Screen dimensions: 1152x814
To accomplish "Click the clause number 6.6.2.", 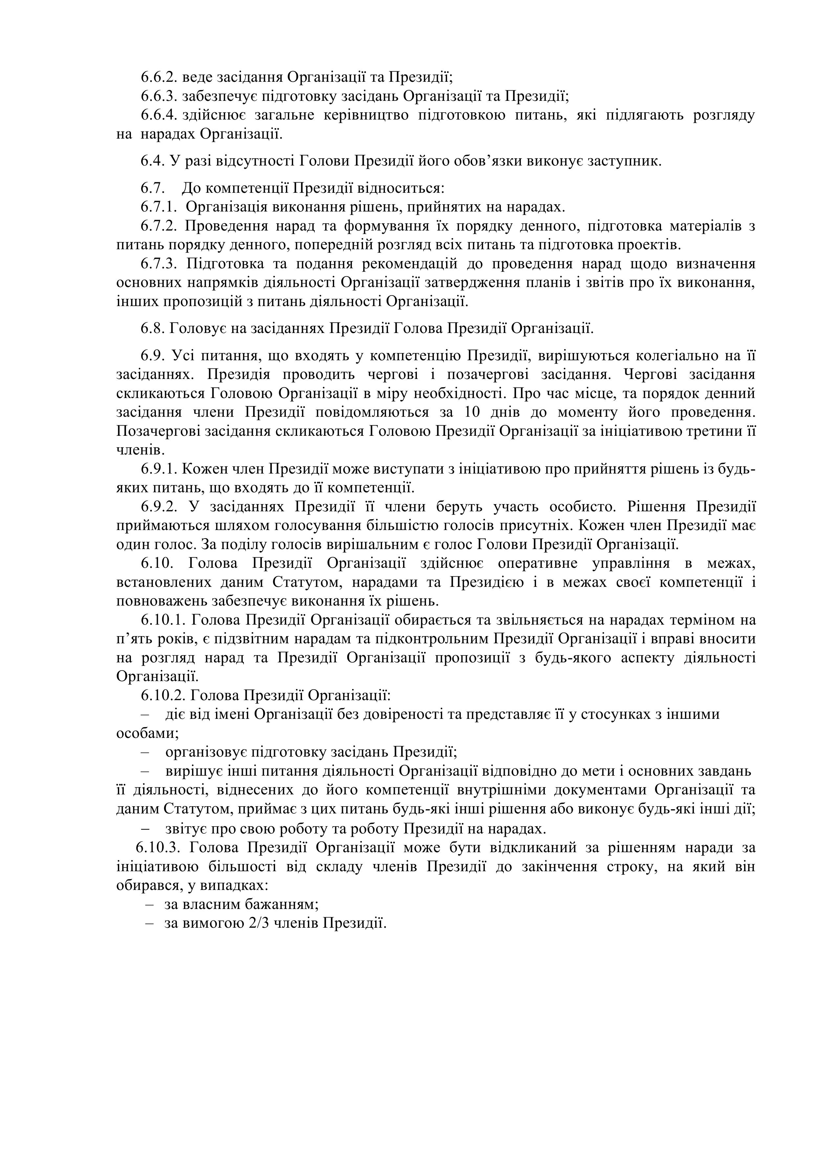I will click(159, 77).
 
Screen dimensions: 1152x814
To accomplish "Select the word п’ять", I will click(132, 639).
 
